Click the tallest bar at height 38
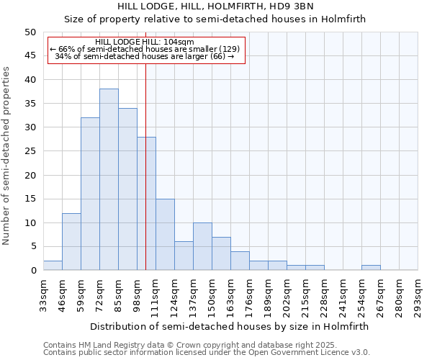pos(109,179)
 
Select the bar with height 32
pos(90,194)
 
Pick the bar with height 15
pos(165,234)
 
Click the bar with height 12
pos(71,241)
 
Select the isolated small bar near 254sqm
pos(371,268)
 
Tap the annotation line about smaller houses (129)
pos(144,49)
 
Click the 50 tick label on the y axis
pos(30,32)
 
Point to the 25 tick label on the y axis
pos(30,151)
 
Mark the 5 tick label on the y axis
pos(32,246)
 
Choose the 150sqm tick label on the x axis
pos(212,296)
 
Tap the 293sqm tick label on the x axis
pos(418,296)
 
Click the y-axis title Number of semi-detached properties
pos(7,155)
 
